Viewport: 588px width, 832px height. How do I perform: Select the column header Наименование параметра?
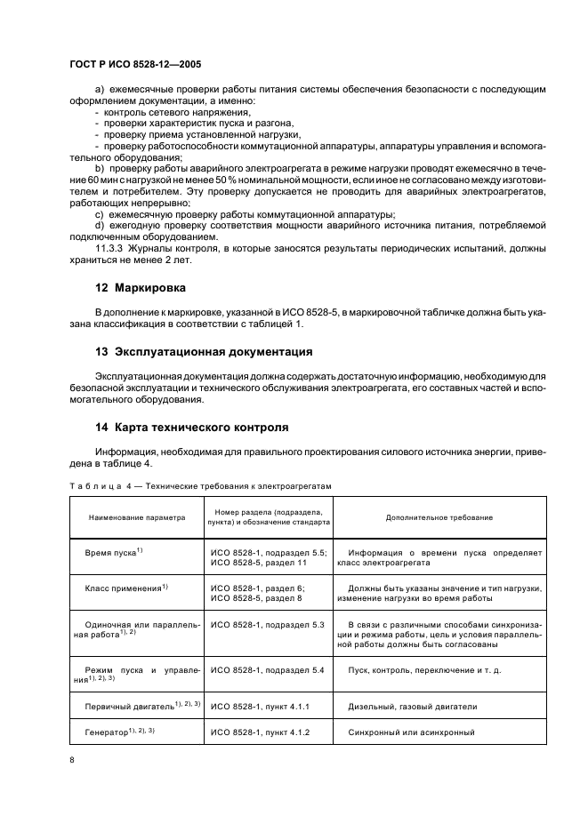[136, 517]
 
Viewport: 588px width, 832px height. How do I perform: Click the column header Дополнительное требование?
[439, 517]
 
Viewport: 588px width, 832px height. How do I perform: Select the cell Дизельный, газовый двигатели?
[413, 707]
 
